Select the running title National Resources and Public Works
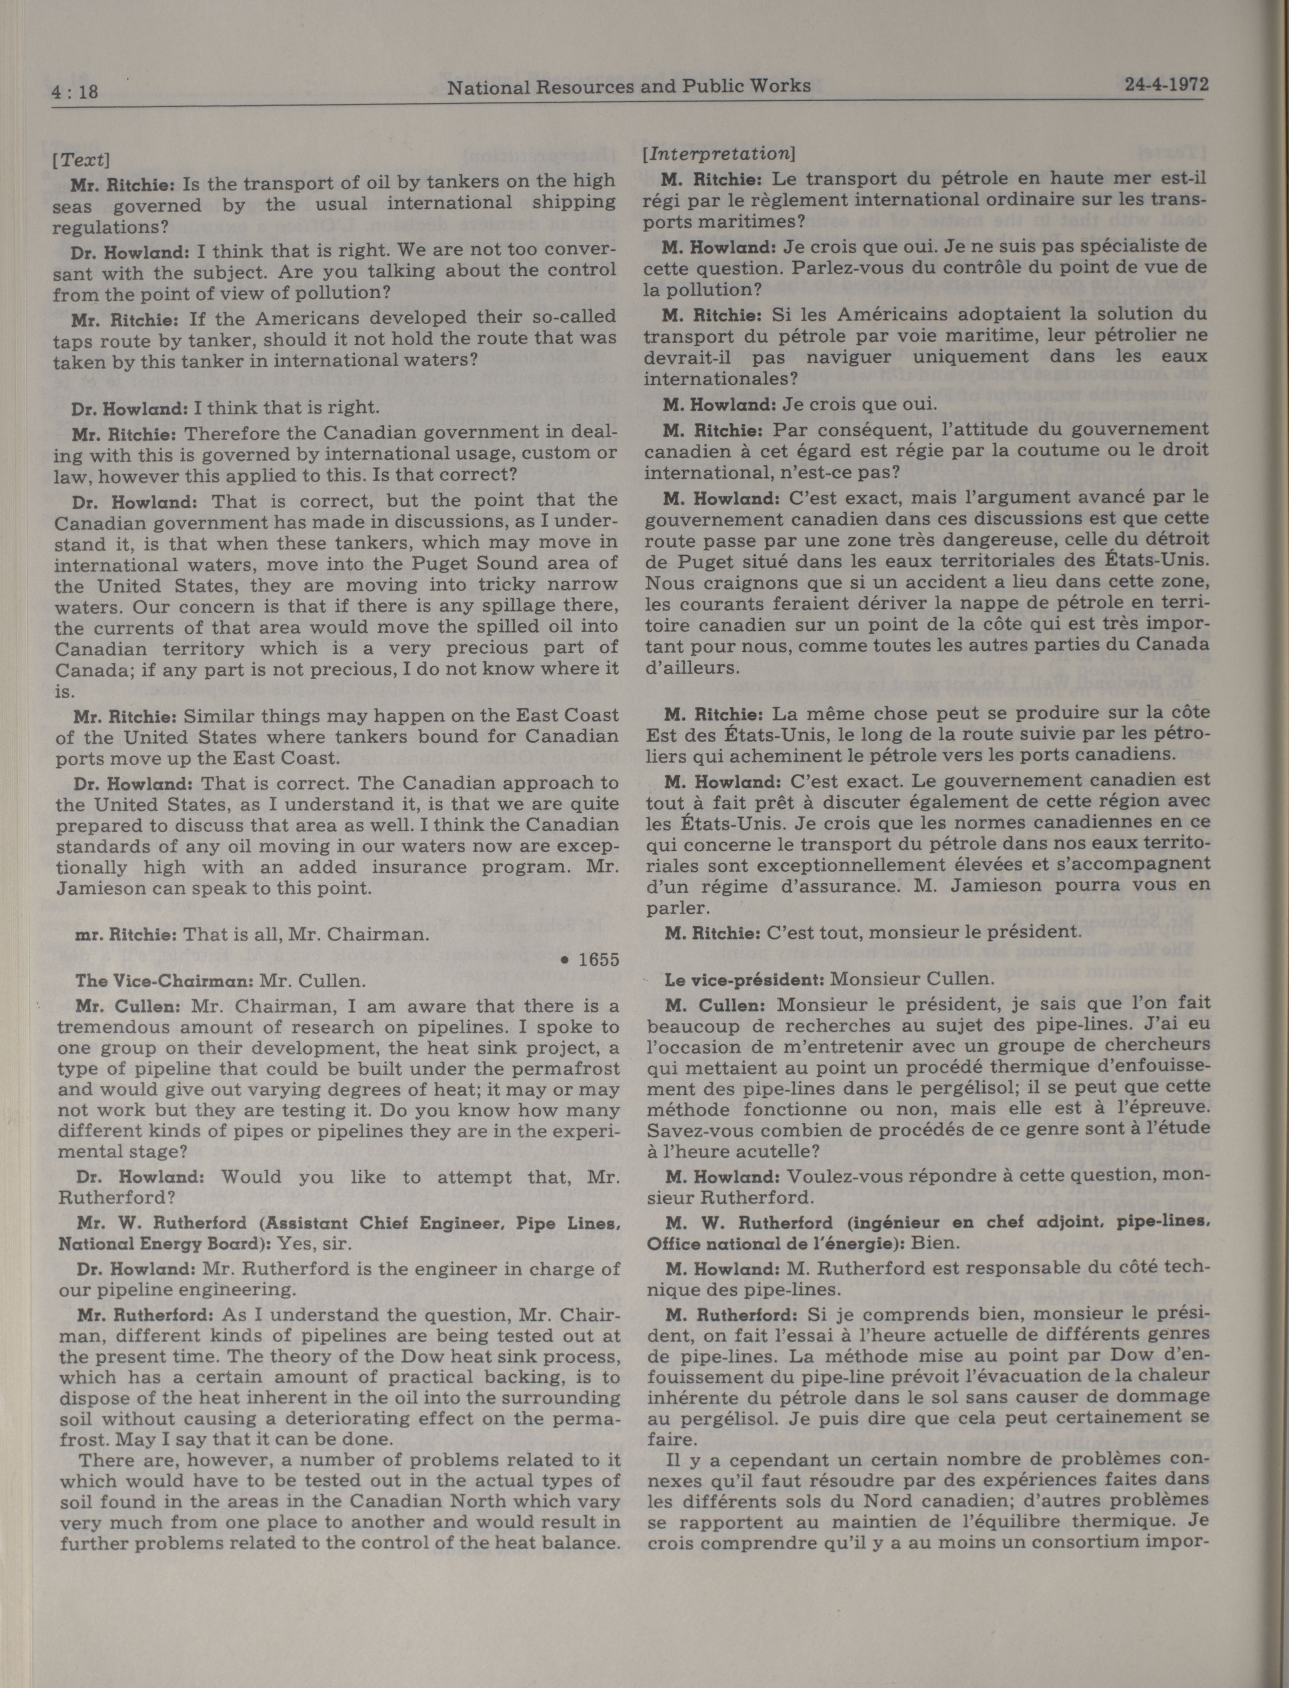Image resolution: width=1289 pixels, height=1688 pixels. tap(629, 87)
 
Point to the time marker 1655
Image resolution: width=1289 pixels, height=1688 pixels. tap(598, 960)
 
